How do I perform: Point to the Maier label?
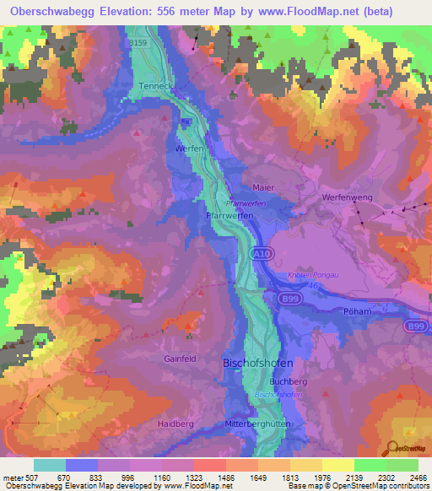click(263, 186)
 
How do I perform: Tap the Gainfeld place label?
click(180, 359)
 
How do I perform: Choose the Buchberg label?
click(289, 381)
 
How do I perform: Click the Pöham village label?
click(359, 311)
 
